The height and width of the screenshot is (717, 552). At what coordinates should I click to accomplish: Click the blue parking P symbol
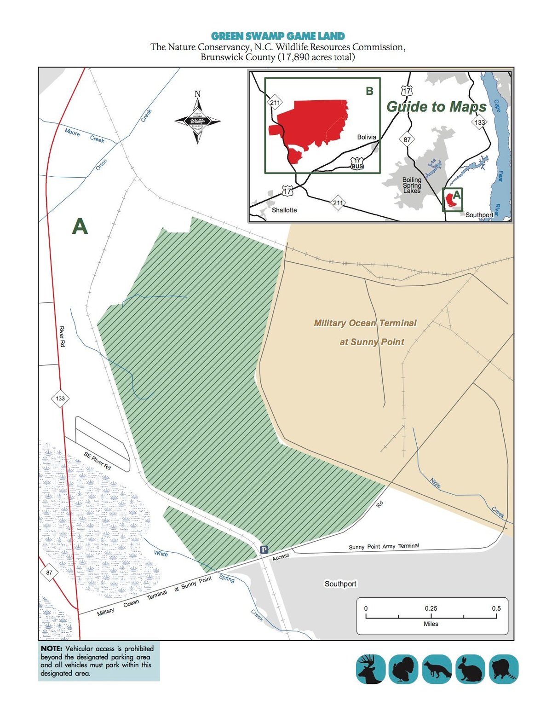tap(264, 549)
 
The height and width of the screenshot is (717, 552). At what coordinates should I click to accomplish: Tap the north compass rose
tap(198, 121)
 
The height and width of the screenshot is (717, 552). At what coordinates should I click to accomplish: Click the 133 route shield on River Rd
tap(60, 398)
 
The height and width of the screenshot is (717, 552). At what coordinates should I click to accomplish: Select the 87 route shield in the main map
tap(49, 573)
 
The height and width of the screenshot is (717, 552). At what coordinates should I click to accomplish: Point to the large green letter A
tap(80, 226)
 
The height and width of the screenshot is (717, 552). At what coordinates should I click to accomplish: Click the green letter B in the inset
tap(369, 91)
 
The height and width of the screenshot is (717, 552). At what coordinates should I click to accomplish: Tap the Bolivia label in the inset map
tap(367, 137)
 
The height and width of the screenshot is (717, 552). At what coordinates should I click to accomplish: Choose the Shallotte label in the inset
tap(284, 210)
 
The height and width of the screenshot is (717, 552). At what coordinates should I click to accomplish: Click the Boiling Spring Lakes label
tap(412, 185)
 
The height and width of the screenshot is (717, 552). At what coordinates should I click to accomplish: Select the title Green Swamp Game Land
tap(278, 36)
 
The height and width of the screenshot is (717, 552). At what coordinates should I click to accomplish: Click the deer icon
tap(371, 669)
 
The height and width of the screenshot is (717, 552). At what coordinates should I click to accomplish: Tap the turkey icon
tap(403, 669)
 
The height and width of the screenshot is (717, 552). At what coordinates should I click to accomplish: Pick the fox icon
tap(437, 669)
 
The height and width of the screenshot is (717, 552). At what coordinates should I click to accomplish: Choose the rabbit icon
tap(470, 669)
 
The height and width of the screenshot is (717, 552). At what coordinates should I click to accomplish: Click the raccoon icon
tap(504, 669)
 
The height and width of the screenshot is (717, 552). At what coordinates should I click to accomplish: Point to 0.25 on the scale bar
tap(431, 608)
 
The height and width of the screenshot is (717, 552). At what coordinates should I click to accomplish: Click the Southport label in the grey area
tap(340, 584)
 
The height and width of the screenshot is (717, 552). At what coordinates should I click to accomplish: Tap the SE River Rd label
tap(98, 461)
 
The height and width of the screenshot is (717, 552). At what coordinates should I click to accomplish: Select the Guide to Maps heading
tap(436, 107)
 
